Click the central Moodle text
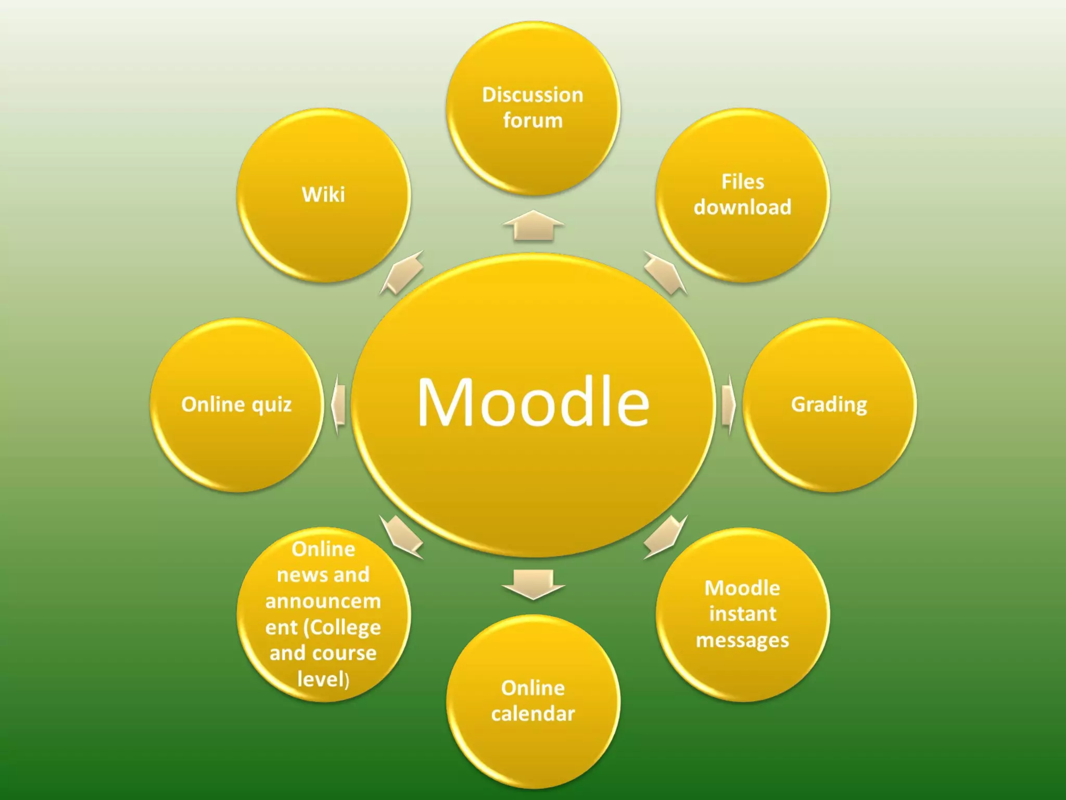click(533, 402)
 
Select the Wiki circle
click(323, 195)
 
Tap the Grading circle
click(829, 405)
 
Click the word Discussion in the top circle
click(532, 95)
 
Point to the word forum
click(533, 120)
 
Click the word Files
click(743, 182)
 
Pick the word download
click(743, 207)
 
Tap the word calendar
click(533, 714)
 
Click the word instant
click(743, 614)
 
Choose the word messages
click(743, 640)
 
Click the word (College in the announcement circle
click(345, 628)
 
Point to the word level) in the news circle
click(323, 679)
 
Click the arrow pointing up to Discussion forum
click(533, 226)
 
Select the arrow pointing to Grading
click(729, 404)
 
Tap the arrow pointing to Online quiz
click(338, 404)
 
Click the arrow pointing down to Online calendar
click(533, 584)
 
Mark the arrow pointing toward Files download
click(665, 272)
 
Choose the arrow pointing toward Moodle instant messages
click(665, 536)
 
